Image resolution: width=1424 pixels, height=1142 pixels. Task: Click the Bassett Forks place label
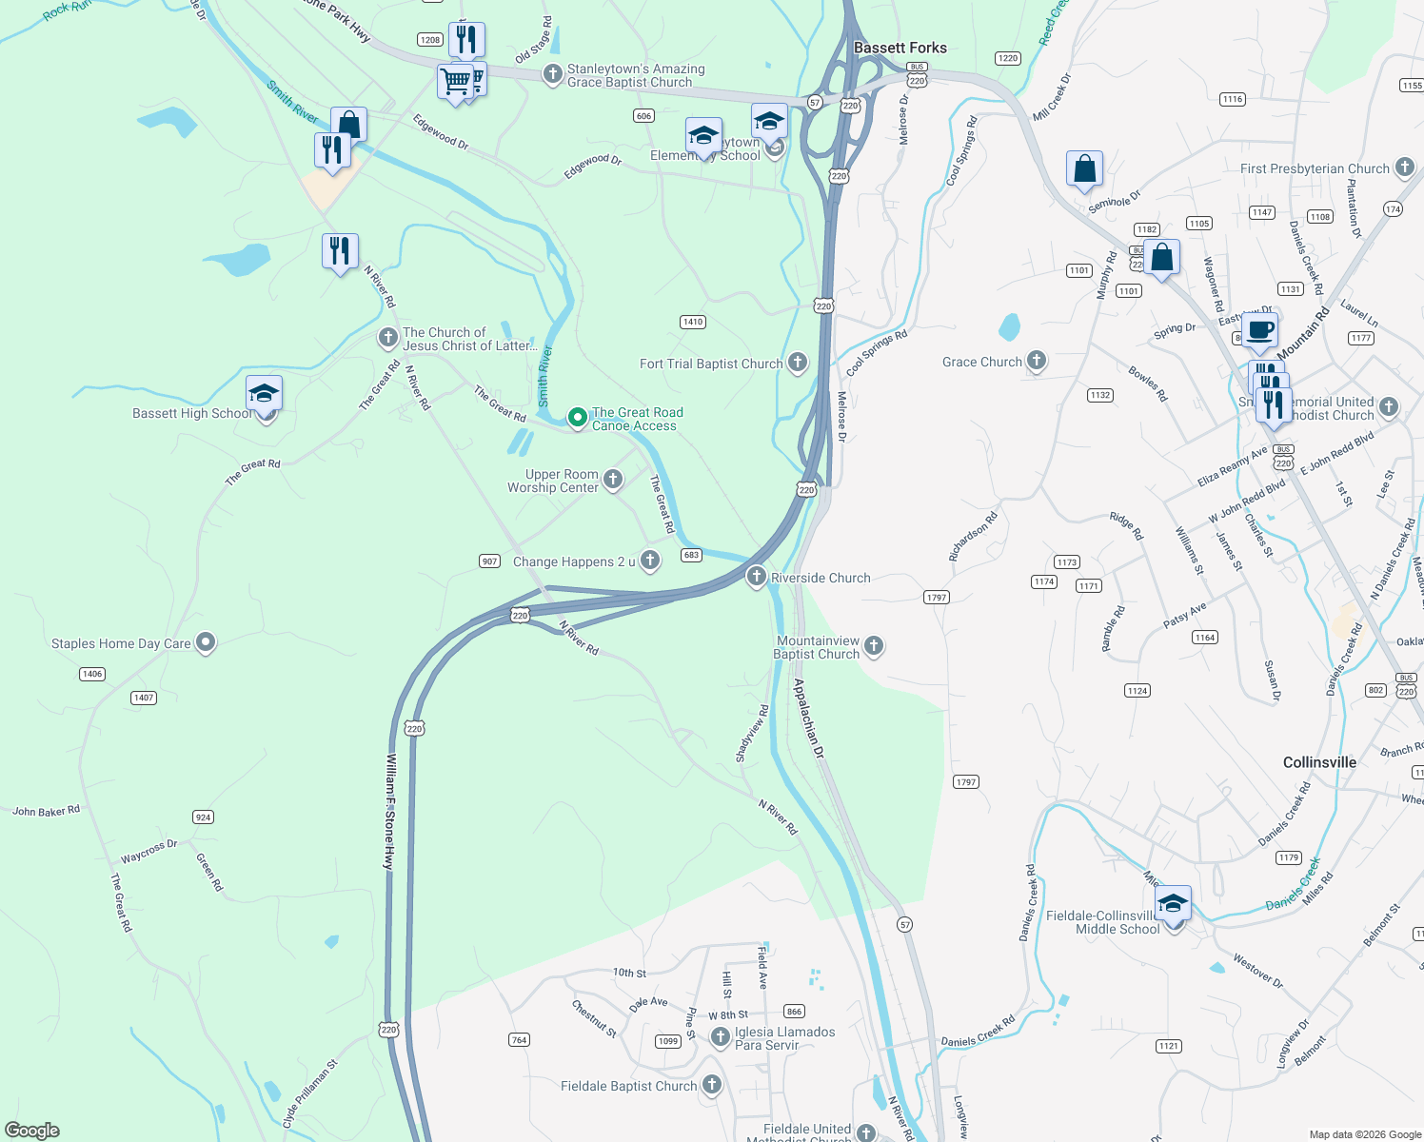point(900,48)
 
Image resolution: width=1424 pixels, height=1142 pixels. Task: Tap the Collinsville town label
point(1319,762)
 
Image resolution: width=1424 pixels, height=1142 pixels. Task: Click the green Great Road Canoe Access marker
point(577,419)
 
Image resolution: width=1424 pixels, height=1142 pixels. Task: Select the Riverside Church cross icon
point(756,577)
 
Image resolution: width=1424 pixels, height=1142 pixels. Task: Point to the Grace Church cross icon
point(1037,361)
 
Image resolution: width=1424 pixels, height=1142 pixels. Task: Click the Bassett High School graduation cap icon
point(264,393)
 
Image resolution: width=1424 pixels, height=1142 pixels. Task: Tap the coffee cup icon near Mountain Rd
point(1259,330)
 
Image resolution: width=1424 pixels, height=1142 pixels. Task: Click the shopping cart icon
point(456,81)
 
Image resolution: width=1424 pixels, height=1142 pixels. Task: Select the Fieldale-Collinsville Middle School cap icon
point(1173,902)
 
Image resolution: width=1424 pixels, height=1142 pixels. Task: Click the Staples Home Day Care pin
point(206,643)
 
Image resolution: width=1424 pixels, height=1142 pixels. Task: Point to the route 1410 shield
point(693,322)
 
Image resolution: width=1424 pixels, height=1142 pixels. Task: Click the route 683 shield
point(691,555)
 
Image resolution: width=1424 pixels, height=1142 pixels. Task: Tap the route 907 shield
point(489,561)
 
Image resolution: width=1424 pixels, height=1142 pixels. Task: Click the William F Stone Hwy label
point(389,811)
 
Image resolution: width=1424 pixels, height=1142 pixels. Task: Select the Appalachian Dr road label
point(808,718)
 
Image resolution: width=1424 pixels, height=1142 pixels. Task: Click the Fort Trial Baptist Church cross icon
point(798,363)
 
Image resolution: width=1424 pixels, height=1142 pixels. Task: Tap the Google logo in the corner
point(32,1130)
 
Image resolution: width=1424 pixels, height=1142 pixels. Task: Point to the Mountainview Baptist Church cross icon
point(874,647)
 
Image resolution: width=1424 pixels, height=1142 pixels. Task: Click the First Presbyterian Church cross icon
point(1405,168)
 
